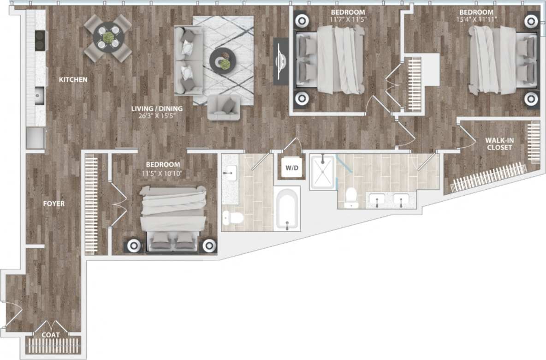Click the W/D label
pyautogui.click(x=292, y=168)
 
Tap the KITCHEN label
pyautogui.click(x=73, y=80)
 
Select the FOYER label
pyautogui.click(x=54, y=204)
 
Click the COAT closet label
pyautogui.click(x=51, y=335)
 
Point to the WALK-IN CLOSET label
pyautogui.click(x=498, y=144)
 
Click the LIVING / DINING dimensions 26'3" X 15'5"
pyautogui.click(x=157, y=116)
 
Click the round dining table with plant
pyautogui.click(x=107, y=38)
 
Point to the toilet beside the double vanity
pyautogui.click(x=351, y=197)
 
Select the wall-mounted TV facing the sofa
pyautogui.click(x=281, y=61)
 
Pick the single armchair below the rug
pyautogui.click(x=224, y=108)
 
